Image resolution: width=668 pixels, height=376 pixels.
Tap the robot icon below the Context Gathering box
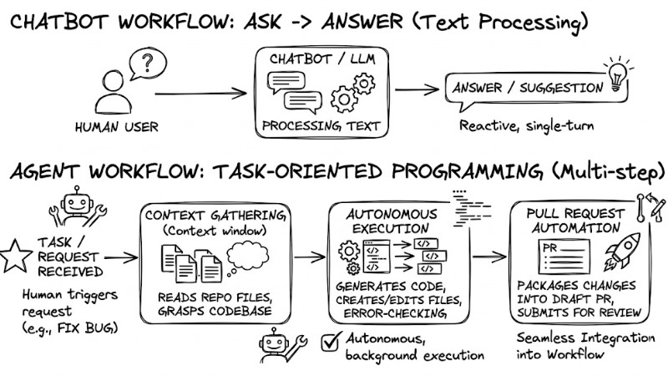click(x=276, y=345)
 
